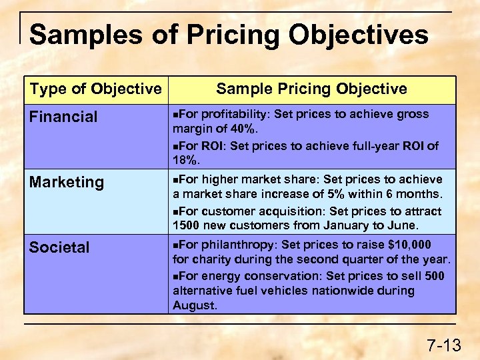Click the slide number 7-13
444,345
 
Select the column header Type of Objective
95,89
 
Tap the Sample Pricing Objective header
311,89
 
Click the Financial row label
63,117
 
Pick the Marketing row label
67,182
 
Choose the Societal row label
59,247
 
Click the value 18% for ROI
185,160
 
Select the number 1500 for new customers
187,225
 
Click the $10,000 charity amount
408,245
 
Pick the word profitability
236,114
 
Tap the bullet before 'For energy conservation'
175,276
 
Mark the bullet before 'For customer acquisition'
175,211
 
